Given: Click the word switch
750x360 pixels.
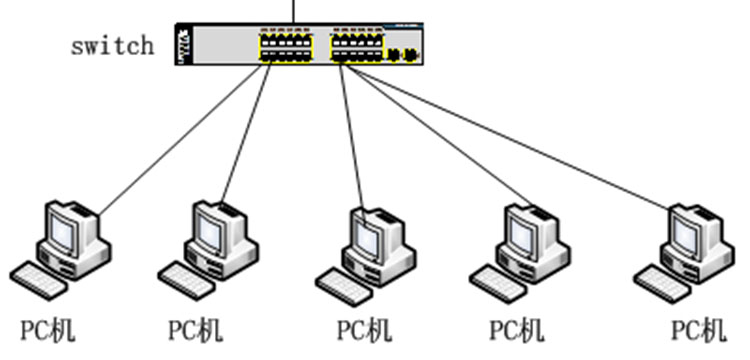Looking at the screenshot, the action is [113, 46].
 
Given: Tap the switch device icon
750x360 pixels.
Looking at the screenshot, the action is [299, 44].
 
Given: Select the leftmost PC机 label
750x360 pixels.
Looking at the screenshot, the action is [48, 330].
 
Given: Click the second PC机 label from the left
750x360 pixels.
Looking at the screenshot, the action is [196, 330].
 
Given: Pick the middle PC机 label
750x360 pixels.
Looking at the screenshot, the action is [365, 330].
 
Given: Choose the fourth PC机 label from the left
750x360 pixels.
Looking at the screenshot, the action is [517, 330].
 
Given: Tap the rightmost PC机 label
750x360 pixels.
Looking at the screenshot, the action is [699, 330].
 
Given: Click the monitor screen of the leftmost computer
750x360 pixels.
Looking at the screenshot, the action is [63, 233].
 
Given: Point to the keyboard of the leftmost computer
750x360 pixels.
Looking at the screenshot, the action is [39, 281].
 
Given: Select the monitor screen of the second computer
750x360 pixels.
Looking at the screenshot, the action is [210, 233].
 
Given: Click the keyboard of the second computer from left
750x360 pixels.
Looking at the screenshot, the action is [187, 281].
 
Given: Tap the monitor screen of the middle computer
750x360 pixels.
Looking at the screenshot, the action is [367, 239].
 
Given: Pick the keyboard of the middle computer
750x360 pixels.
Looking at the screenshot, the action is [344, 287].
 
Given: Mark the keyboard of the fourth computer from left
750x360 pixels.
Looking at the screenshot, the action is [498, 284].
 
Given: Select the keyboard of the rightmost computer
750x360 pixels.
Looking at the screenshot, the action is [663, 284].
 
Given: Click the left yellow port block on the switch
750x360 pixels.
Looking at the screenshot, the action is [286, 47].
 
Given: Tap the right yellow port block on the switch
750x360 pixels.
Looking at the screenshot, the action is [357, 47].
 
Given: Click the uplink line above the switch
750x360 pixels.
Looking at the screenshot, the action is [294, 11].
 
